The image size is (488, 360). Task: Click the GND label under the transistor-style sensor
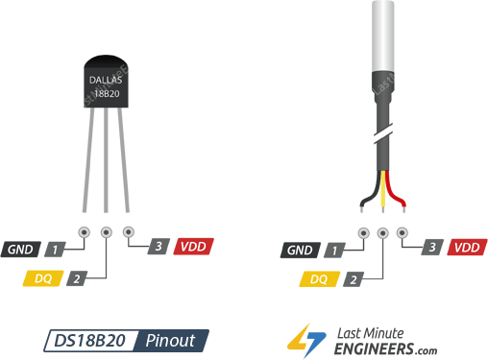point(21,251)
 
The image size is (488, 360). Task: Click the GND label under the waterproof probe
point(299,251)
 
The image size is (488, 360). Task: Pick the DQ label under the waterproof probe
point(319,279)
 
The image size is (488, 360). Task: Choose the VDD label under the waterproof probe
point(466,247)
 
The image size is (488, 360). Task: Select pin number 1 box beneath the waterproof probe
point(333,251)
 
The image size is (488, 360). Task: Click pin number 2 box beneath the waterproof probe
point(354,279)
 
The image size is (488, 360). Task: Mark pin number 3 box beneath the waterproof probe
point(433,247)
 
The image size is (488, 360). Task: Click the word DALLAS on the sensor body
point(105,80)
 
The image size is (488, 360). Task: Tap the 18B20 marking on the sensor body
point(105,94)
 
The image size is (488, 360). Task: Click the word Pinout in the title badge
point(171,341)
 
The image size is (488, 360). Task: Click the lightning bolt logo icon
point(308,341)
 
